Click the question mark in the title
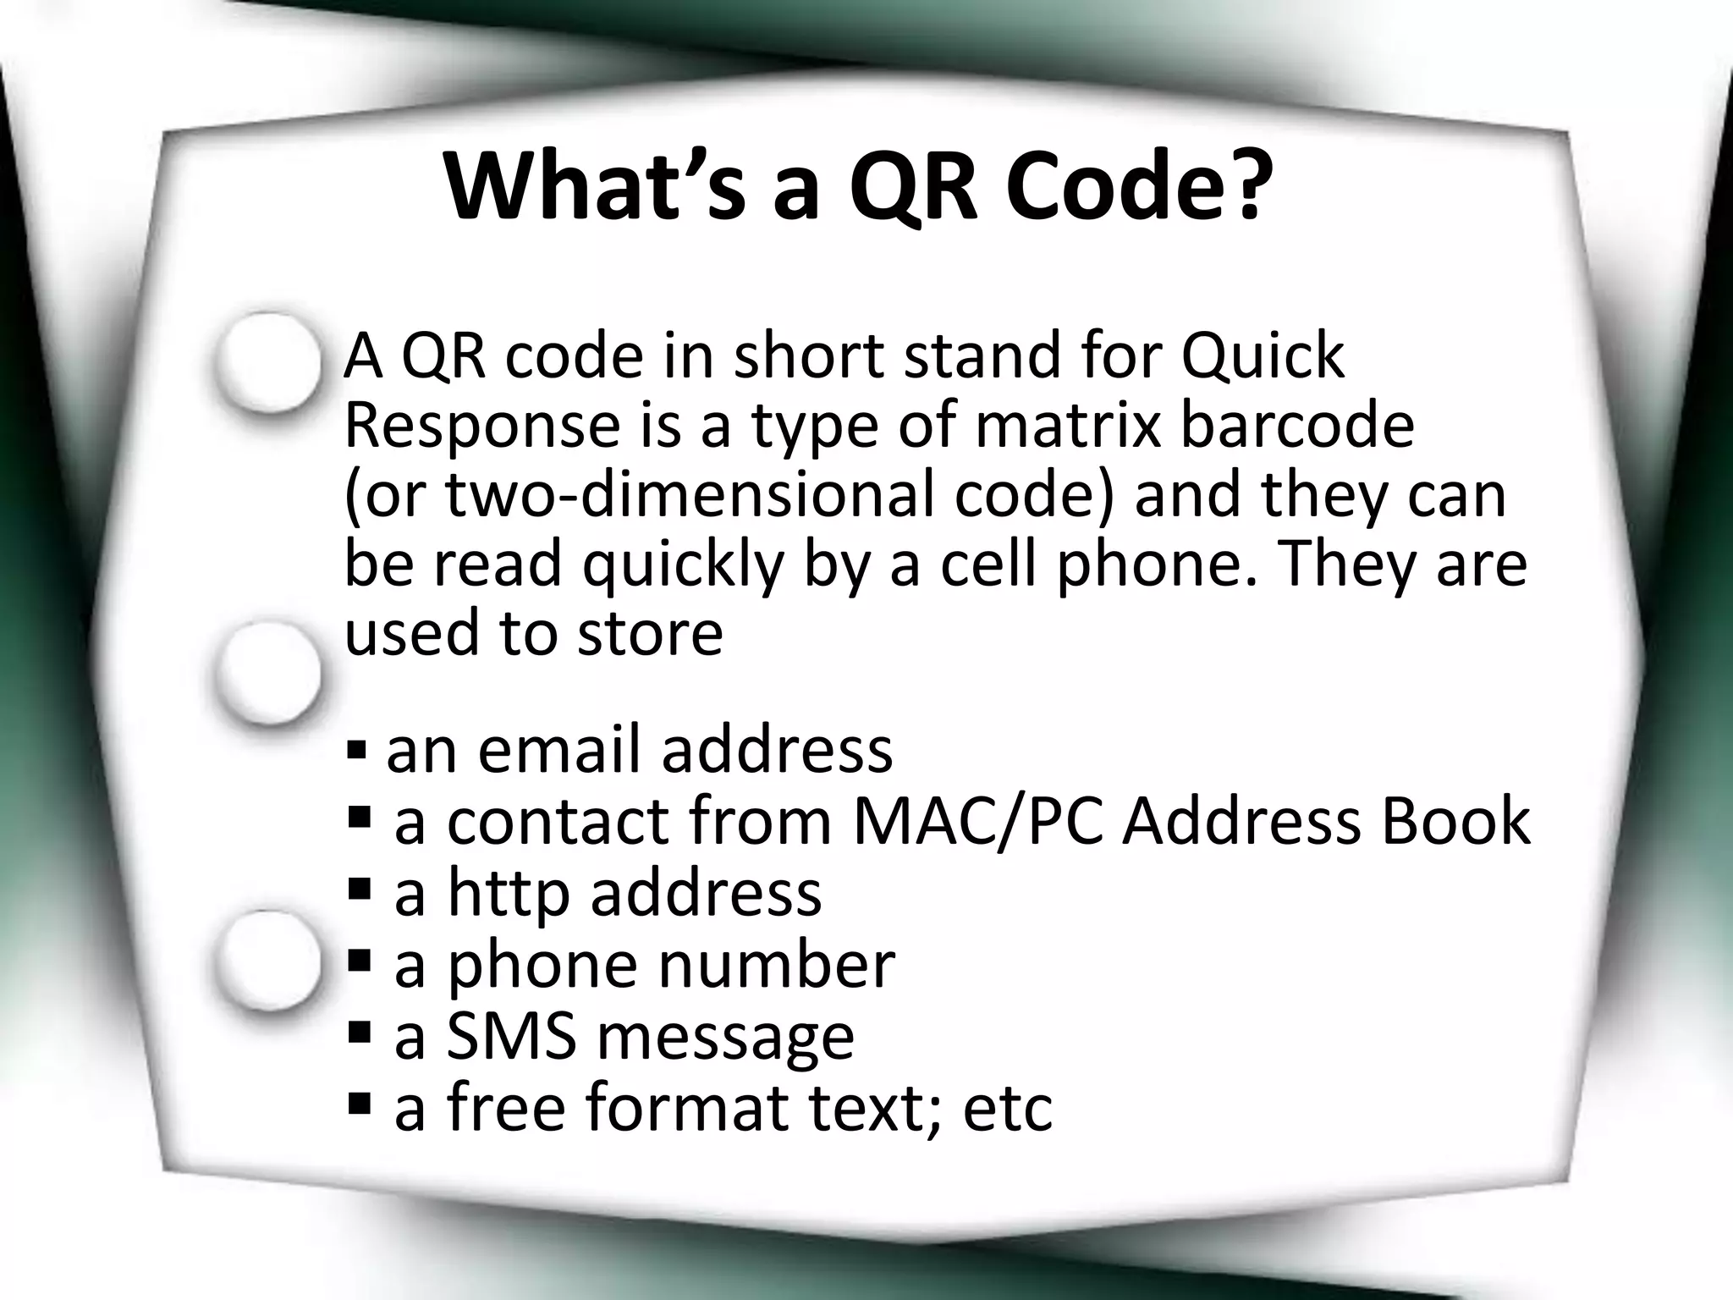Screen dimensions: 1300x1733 (x=1239, y=186)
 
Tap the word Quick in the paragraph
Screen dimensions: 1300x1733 (x=1262, y=357)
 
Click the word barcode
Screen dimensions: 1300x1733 (x=1296, y=425)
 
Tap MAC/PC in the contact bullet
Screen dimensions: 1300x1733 (x=978, y=821)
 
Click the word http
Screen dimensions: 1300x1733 (x=508, y=894)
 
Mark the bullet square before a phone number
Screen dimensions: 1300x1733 (x=360, y=961)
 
